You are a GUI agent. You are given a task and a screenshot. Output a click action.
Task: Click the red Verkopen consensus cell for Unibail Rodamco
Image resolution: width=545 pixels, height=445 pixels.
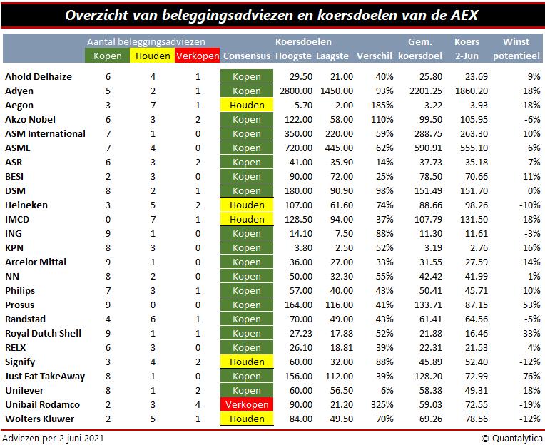[247, 404]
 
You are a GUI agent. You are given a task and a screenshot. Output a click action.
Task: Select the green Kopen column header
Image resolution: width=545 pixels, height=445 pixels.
[108, 56]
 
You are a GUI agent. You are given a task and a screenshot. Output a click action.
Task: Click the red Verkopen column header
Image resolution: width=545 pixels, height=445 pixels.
[197, 56]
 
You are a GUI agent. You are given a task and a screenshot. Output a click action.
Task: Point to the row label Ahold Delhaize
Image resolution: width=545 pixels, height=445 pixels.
[38, 76]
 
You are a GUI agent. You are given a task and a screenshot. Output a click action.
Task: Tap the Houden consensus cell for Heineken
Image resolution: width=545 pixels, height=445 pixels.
[247, 205]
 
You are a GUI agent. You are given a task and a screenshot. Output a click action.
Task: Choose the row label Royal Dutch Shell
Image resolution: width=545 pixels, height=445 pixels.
[43, 333]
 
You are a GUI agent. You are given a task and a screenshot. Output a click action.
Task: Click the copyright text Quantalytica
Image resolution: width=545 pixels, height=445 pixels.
[510, 437]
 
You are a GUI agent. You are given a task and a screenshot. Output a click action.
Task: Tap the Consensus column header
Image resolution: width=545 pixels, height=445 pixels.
[246, 56]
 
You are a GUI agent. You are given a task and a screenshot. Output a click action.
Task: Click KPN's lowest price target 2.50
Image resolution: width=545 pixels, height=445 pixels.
[342, 247]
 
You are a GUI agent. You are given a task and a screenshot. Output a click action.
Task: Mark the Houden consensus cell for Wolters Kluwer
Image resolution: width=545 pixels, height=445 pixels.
[247, 419]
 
